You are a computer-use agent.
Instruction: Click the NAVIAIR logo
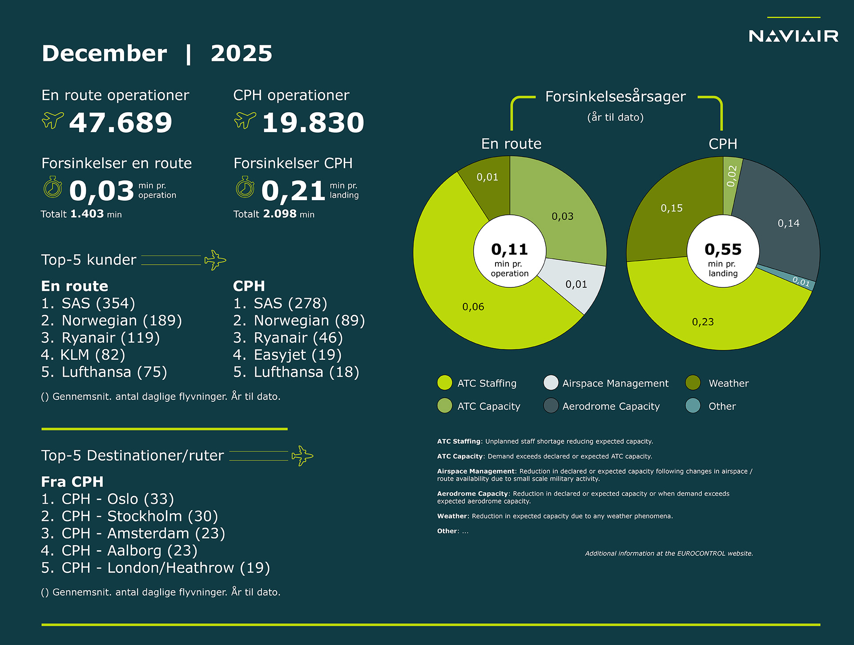click(794, 36)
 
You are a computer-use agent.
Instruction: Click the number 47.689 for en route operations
click(121, 122)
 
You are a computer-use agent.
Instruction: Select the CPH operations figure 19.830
click(313, 122)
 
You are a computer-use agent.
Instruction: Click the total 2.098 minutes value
click(279, 214)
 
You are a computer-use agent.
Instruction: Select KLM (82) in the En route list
click(83, 355)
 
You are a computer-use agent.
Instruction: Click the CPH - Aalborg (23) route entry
click(119, 551)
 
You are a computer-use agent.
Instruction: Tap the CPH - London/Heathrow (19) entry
click(156, 568)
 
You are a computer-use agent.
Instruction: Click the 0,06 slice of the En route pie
click(473, 307)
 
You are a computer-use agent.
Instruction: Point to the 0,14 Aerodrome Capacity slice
click(788, 223)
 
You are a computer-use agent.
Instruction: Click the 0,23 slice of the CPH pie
click(703, 322)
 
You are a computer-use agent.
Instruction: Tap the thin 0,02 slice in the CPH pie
click(732, 176)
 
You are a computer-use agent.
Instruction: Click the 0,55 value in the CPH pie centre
click(723, 250)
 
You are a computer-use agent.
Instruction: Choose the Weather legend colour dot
click(693, 383)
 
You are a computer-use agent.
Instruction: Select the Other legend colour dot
click(693, 406)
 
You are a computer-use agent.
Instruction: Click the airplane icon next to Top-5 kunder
click(215, 260)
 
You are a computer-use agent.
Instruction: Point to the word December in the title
click(105, 53)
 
